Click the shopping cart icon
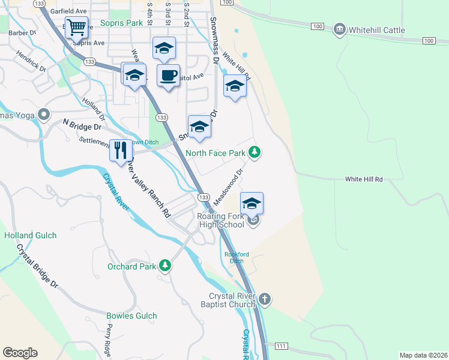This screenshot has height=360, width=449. coord(76,28)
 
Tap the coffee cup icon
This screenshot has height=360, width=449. coord(167,76)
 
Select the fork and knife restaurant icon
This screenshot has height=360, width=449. coord(121,150)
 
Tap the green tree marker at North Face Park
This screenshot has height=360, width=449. coord(255,153)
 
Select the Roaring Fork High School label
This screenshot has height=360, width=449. coord(220,220)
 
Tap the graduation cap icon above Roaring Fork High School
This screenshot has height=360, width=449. coord(252,203)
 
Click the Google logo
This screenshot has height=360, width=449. coord(20,352)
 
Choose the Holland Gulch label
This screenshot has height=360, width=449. coord(30,236)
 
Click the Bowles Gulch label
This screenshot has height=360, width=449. coord(131,316)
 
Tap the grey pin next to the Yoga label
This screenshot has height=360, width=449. coord(43,114)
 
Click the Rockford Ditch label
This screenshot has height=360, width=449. coord(237,257)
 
